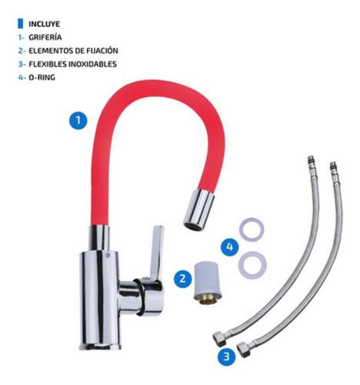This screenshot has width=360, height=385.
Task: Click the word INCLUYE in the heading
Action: pos(44,24)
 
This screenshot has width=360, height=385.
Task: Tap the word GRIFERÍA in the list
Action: pos(45,37)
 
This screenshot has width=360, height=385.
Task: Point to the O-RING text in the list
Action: pos(42,77)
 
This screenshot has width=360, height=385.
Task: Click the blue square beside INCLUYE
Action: pos(21,24)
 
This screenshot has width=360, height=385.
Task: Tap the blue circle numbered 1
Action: pos(78,120)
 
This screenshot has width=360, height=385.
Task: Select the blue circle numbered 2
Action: pos(183,278)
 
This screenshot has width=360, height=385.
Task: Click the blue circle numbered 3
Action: pos(227,357)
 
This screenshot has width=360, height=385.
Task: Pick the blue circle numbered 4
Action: pos(230,246)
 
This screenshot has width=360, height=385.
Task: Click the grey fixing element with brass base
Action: pos(208,283)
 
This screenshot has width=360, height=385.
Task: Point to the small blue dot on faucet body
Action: pos(107,256)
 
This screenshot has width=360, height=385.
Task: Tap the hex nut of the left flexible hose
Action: pos(220,338)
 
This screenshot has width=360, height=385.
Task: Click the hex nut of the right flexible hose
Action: pos(244,350)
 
